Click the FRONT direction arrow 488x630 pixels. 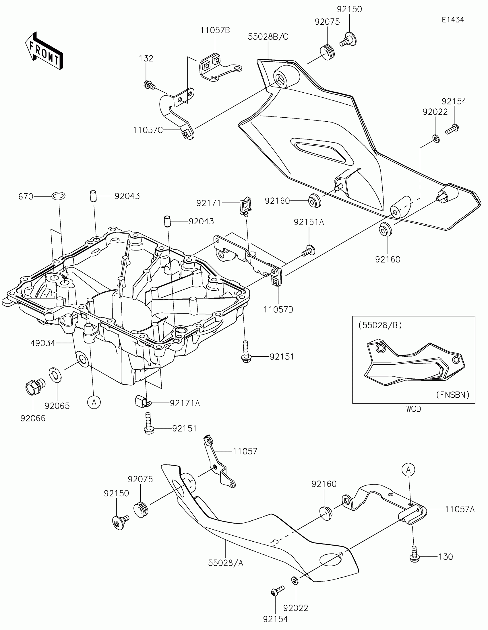point(44,51)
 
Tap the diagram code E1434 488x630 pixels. point(452,20)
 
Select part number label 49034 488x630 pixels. point(42,343)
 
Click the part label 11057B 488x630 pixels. point(215,30)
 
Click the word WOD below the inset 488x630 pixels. point(414,409)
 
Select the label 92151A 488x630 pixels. point(309,222)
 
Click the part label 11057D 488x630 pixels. point(278,310)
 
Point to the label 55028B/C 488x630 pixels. point(268,37)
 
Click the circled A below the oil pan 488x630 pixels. point(94,402)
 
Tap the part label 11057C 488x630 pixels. point(148,130)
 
